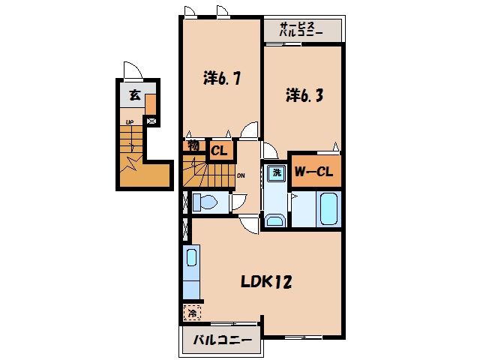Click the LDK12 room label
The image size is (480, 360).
point(266,282)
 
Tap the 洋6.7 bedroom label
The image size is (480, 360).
point(222,78)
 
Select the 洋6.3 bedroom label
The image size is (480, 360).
point(304,95)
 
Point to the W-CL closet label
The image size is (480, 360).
point(313,172)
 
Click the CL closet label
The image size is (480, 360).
point(219,151)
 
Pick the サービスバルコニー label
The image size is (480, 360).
point(301,29)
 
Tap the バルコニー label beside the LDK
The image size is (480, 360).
point(222,340)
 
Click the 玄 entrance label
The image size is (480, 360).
point(135,95)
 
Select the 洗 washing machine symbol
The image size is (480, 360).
point(277,172)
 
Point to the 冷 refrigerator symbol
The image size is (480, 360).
point(192,313)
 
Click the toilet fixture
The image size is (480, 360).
point(205,202)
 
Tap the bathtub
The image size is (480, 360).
point(328,208)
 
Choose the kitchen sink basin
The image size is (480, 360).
point(192,257)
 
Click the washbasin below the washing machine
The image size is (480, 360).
point(274,220)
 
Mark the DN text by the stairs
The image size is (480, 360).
point(241,175)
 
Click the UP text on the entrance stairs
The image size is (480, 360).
point(130,122)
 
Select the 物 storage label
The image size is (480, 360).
point(193,145)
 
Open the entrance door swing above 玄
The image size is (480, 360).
point(133,70)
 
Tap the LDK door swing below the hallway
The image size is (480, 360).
point(249,224)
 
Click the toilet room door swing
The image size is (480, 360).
point(239,202)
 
